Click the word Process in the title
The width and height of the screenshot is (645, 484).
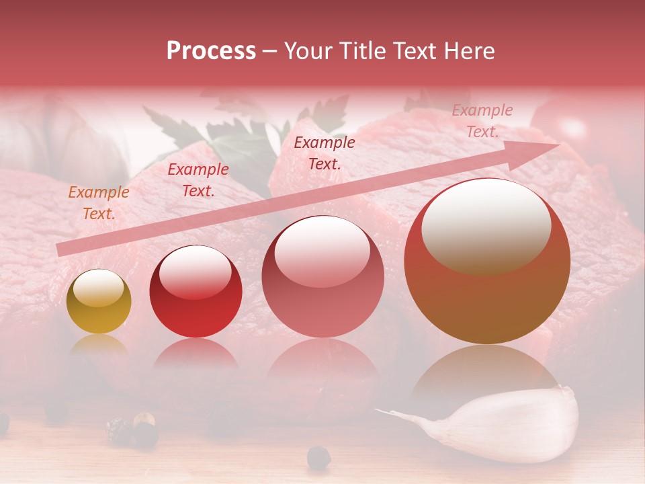click(211, 51)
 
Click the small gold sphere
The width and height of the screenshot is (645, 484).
click(99, 301)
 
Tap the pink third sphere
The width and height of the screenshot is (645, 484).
click(323, 277)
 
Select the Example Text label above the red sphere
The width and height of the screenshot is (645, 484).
click(198, 180)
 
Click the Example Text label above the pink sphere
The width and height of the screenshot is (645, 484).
click(325, 153)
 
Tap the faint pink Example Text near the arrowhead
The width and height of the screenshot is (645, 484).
click(482, 121)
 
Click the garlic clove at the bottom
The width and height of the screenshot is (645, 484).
click(511, 424)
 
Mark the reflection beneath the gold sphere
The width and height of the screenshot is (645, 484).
click(99, 346)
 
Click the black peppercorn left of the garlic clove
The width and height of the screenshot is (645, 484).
click(318, 458)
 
